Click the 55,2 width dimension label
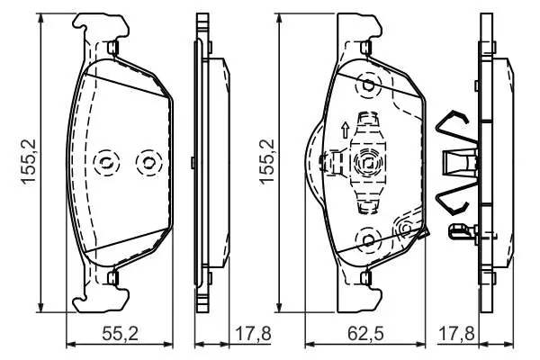point(121,334)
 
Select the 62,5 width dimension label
point(365,334)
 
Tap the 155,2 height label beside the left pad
point(30,162)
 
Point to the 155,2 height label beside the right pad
point(267,162)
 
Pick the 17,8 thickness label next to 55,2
point(253,334)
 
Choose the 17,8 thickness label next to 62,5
point(456,334)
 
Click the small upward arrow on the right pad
point(345,130)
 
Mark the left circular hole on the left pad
point(105,162)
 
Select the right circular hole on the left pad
point(148,162)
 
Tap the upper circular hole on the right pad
point(369,85)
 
